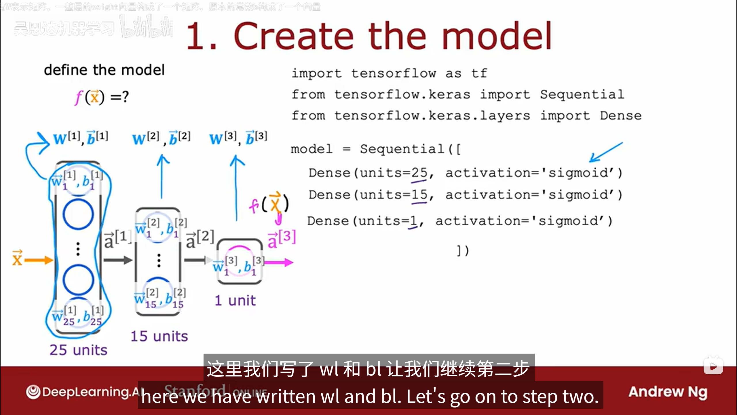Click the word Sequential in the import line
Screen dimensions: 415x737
tap(582, 95)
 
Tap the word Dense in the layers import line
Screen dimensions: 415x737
tap(621, 116)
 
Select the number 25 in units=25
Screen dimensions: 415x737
tap(419, 173)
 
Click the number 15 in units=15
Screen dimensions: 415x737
tap(419, 195)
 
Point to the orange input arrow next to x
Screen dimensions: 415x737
tap(39, 260)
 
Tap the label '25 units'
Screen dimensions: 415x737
tap(78, 350)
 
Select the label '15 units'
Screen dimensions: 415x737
tap(159, 336)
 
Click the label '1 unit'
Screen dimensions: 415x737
tap(235, 301)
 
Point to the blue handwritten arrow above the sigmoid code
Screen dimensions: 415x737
tap(606, 152)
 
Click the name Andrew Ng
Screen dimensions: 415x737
tap(668, 392)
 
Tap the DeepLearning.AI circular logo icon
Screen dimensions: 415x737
tap(33, 392)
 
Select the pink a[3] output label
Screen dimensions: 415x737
tap(282, 239)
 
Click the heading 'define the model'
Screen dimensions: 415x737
tap(104, 70)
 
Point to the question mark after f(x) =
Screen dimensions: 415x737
tap(125, 97)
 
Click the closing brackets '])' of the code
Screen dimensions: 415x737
tap(463, 250)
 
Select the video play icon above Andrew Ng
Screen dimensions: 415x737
tap(713, 366)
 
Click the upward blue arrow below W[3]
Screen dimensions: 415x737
tap(236, 187)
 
